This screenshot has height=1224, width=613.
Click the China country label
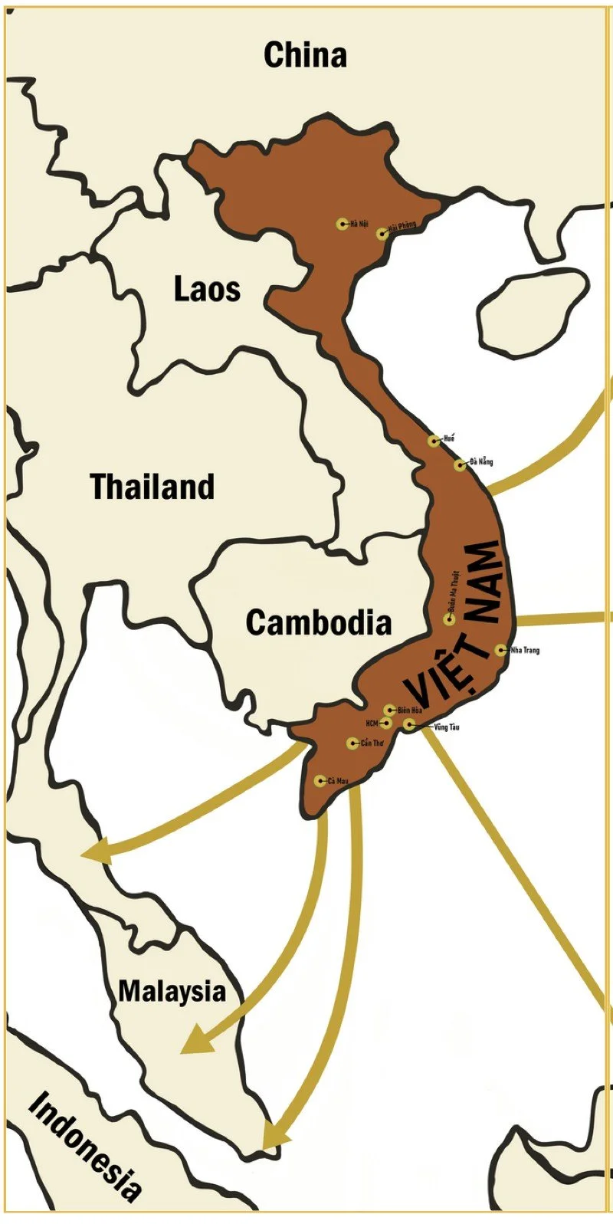[305, 55]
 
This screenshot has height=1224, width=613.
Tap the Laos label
[207, 289]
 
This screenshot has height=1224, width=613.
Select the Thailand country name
[152, 487]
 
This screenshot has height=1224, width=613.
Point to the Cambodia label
[318, 622]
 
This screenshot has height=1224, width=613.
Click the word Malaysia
[172, 991]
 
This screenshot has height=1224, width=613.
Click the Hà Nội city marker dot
[342, 224]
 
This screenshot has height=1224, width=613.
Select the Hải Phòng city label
[402, 227]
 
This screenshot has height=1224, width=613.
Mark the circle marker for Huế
[434, 441]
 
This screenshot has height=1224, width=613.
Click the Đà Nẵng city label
[481, 461]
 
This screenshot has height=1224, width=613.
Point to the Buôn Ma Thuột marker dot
[449, 619]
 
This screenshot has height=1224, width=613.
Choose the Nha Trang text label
[525, 651]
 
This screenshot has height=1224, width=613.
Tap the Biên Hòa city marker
[389, 710]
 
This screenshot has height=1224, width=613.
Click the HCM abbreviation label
[372, 723]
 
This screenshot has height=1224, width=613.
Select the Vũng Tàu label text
[446, 727]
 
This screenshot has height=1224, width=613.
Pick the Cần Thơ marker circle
[352, 743]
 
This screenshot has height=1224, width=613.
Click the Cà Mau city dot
[320, 781]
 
